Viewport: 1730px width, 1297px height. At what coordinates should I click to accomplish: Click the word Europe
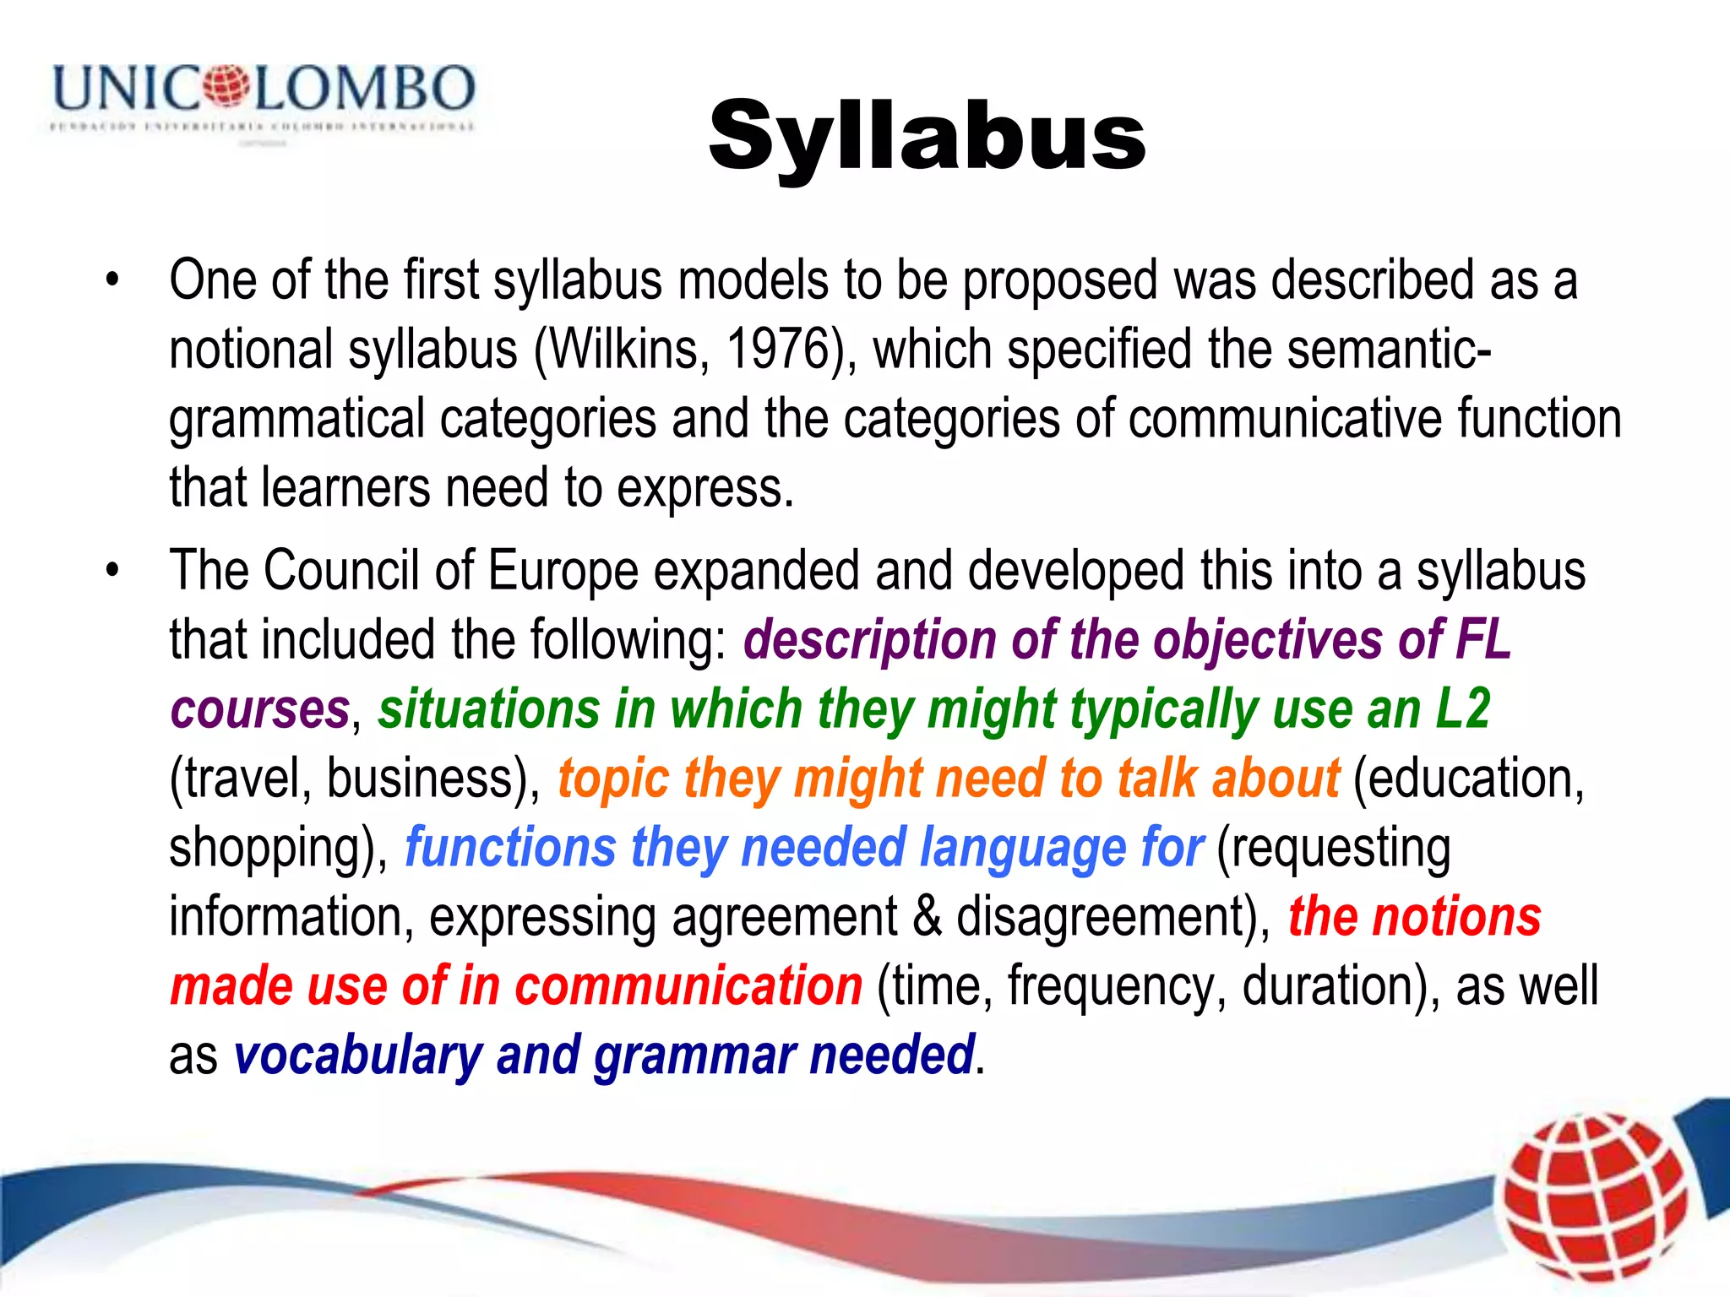(x=563, y=571)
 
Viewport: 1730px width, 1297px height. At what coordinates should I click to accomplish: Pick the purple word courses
(x=260, y=709)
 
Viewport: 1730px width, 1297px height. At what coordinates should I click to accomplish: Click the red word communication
(x=688, y=985)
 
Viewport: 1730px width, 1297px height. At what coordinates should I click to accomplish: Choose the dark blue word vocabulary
(x=358, y=1056)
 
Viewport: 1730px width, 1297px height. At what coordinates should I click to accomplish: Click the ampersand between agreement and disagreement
(x=927, y=917)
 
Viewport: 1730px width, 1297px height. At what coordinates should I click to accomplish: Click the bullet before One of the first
(x=112, y=280)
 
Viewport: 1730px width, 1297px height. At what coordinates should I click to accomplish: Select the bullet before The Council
(x=112, y=571)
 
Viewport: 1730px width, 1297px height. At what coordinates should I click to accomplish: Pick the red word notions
(x=1456, y=917)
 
